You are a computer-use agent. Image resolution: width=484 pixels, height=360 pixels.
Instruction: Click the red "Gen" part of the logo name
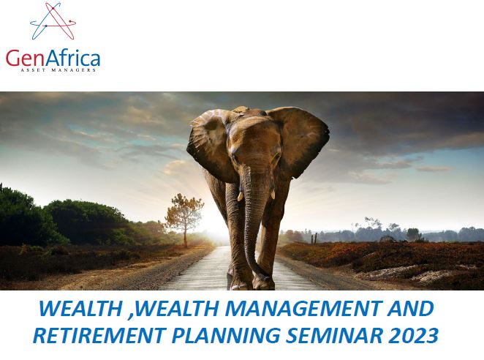click(x=26, y=58)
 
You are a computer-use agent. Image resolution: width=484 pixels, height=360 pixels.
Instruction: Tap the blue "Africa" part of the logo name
click(x=73, y=57)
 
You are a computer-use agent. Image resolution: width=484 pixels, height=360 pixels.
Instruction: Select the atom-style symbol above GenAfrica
click(x=53, y=21)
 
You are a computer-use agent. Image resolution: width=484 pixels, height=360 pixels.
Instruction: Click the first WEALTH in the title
click(x=80, y=308)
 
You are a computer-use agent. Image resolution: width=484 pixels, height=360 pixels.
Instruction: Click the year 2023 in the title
click(x=413, y=335)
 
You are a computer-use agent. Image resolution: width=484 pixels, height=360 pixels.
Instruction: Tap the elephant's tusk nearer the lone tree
click(x=240, y=196)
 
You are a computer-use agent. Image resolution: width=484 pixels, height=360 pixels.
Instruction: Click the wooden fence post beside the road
click(x=315, y=239)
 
